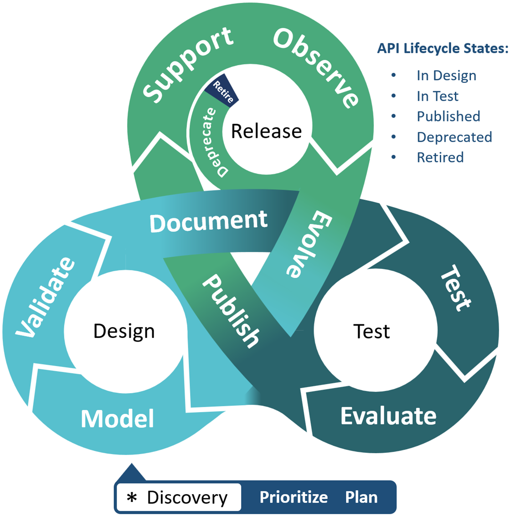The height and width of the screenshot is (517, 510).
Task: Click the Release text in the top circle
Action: tap(266, 131)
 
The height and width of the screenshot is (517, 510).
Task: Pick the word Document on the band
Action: tap(208, 221)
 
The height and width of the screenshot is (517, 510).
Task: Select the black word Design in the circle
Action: tap(124, 331)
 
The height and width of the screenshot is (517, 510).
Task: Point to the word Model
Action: tap(118, 419)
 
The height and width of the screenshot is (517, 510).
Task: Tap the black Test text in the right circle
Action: tap(371, 331)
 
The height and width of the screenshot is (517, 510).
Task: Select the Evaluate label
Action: tap(388, 416)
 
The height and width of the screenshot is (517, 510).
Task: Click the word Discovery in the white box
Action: tap(187, 498)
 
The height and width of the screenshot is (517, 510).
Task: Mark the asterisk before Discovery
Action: tap(132, 498)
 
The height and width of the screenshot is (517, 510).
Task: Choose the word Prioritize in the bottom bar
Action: tap(294, 497)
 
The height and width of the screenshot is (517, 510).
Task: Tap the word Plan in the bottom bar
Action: tap(361, 497)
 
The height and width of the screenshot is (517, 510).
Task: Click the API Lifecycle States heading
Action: tap(442, 48)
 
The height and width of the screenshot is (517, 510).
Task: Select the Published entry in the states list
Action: tap(448, 116)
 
